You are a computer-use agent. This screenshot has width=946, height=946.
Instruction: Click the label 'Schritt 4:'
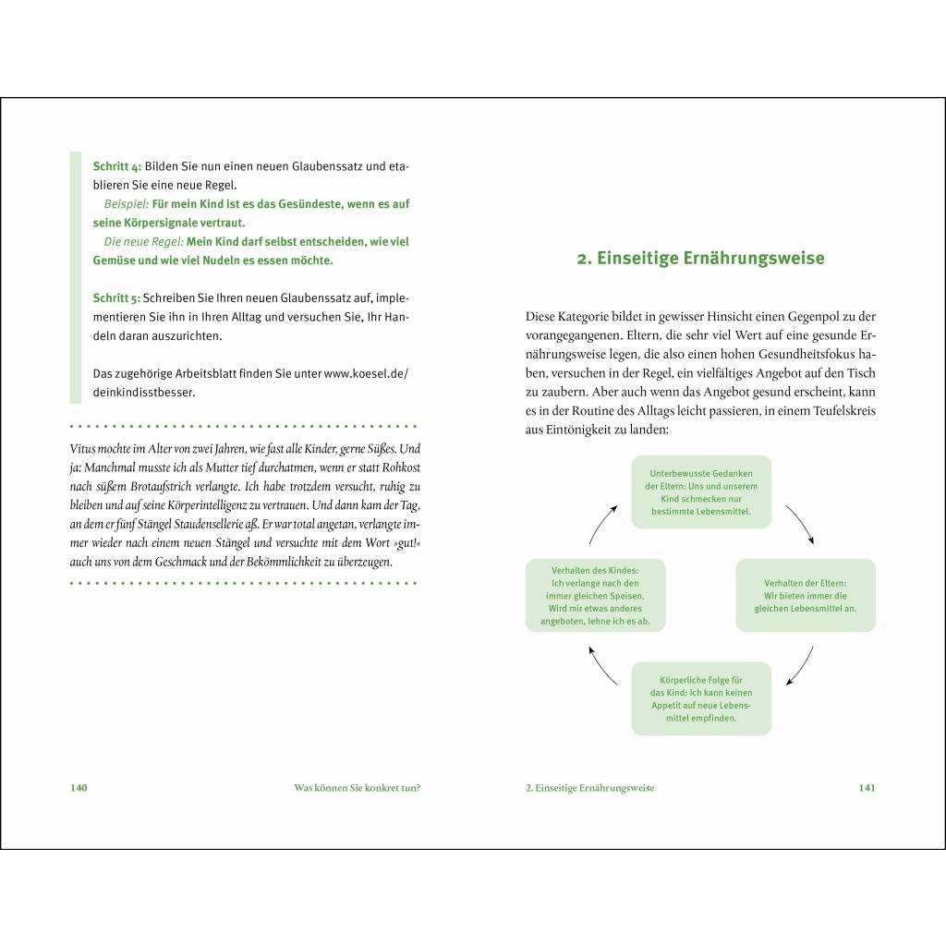click(x=117, y=166)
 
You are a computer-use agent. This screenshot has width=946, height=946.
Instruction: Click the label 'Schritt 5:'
click(x=117, y=298)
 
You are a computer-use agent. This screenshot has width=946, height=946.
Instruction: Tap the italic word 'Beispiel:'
click(x=127, y=204)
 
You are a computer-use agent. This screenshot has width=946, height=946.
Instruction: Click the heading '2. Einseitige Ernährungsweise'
click(x=700, y=259)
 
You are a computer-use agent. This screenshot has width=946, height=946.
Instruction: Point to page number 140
click(x=79, y=788)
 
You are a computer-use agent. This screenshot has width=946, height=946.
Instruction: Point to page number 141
click(x=867, y=788)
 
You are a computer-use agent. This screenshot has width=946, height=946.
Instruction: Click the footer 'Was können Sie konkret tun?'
click(x=350, y=788)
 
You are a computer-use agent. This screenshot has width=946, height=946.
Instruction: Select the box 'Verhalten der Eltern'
click(x=806, y=595)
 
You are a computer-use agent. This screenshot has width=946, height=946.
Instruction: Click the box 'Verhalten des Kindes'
click(x=595, y=595)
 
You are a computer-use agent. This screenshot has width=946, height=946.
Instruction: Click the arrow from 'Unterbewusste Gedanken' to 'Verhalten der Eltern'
click(x=800, y=524)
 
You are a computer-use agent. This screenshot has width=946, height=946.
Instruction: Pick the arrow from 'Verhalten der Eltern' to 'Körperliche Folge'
click(x=800, y=666)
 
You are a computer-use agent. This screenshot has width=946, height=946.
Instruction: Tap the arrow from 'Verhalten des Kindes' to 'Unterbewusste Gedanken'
click(x=601, y=523)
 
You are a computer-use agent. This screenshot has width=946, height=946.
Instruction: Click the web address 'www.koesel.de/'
click(x=366, y=373)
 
